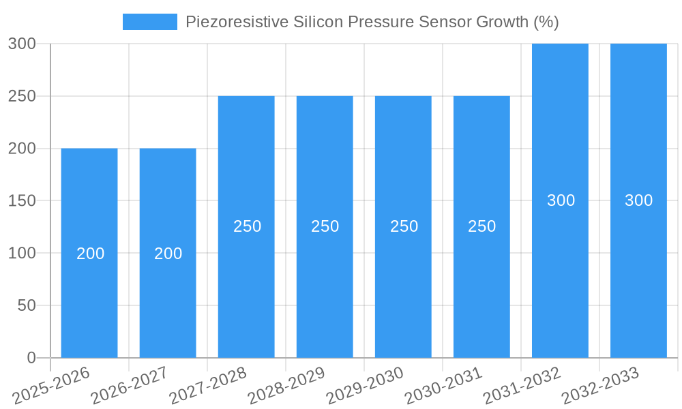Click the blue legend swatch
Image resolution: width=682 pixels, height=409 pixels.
click(x=149, y=22)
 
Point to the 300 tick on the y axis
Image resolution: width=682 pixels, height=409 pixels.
click(x=21, y=44)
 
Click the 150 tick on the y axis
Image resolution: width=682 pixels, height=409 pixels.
click(x=21, y=201)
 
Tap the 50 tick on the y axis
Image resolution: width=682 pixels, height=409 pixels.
click(x=26, y=305)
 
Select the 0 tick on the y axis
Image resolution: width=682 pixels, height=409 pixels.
click(x=31, y=358)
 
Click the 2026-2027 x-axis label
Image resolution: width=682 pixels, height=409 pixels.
click(x=130, y=385)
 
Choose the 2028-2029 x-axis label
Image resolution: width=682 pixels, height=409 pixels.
click(x=286, y=385)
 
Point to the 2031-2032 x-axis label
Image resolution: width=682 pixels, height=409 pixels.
click(x=522, y=385)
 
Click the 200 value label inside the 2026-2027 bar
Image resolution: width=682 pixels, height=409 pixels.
click(x=168, y=254)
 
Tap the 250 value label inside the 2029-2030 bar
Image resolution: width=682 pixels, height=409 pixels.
click(x=404, y=226)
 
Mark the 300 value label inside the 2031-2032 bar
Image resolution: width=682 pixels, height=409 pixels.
click(x=561, y=200)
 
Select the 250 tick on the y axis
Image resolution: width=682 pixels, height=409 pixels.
click(x=21, y=96)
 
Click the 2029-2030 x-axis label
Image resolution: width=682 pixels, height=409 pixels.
click(x=365, y=385)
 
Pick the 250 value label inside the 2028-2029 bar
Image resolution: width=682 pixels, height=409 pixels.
click(x=325, y=226)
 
